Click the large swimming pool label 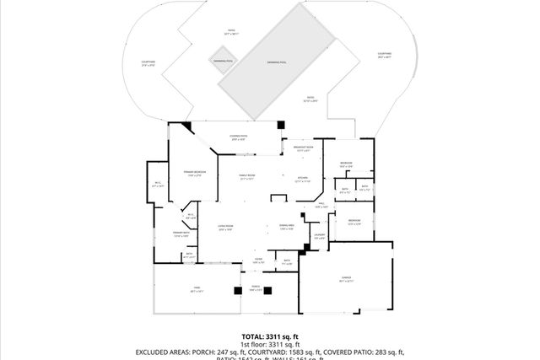(x=277, y=62)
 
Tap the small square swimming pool (x=223, y=62)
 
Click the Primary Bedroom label (x=195, y=174)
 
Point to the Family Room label (x=247, y=177)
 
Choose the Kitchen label (x=303, y=179)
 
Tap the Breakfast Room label (x=303, y=149)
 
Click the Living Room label (x=225, y=227)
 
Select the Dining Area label (x=286, y=227)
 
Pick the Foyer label (x=259, y=261)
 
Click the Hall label (x=321, y=205)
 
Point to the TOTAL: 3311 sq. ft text (x=269, y=336)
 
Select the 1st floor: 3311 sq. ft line (x=270, y=344)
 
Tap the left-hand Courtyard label (x=148, y=63)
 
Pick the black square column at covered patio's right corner (x=279, y=125)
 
